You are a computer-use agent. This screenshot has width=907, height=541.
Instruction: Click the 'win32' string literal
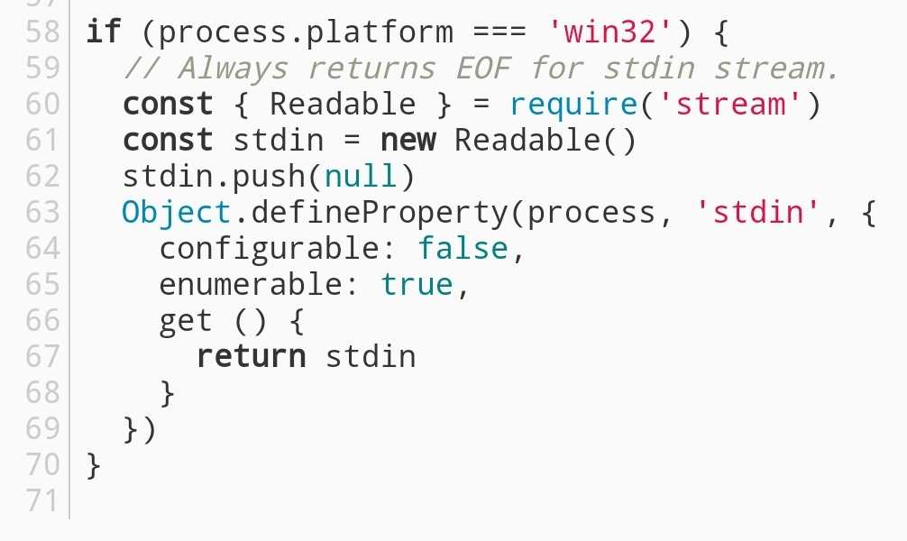[x=612, y=33]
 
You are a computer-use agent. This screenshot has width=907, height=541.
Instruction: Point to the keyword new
[x=408, y=142]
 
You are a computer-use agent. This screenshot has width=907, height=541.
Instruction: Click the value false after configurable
[x=463, y=249]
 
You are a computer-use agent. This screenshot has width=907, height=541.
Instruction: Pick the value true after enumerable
[x=417, y=285]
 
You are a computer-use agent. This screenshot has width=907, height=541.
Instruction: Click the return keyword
[x=251, y=357]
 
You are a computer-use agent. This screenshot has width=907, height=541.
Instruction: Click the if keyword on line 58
[x=103, y=33]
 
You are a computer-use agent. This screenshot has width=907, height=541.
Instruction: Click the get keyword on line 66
[x=186, y=321]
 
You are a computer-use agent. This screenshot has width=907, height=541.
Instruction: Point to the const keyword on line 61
[x=168, y=142]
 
